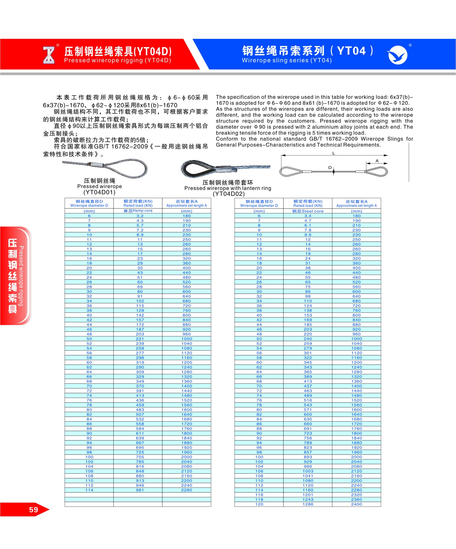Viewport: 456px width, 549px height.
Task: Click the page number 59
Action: [x=33, y=510]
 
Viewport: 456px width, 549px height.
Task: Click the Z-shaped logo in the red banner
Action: [x=49, y=55]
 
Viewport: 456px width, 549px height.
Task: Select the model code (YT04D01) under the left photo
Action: [x=99, y=192]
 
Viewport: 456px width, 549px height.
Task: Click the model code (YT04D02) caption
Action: [x=229, y=194]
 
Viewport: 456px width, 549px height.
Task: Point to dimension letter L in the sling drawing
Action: [x=334, y=153]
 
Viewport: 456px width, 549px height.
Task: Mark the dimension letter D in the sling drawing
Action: [x=330, y=168]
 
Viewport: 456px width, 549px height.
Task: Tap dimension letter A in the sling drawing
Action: [x=377, y=161]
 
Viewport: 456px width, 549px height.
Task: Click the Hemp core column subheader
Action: [x=138, y=211]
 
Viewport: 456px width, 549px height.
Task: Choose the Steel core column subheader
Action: [x=308, y=211]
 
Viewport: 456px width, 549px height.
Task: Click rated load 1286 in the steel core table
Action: [x=308, y=504]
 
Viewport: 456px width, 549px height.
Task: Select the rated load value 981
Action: [x=140, y=490]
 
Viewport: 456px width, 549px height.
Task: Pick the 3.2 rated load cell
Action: [x=140, y=216]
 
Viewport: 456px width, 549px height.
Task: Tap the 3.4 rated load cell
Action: [x=308, y=216]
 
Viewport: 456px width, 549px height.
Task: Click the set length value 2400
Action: [x=356, y=504]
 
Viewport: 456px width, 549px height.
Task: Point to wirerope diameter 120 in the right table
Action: [x=259, y=504]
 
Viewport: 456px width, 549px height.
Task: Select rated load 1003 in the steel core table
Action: [x=308, y=471]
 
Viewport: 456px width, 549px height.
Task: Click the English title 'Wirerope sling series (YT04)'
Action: [x=287, y=60]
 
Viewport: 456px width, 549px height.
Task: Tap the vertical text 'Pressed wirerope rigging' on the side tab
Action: [x=21, y=276]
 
